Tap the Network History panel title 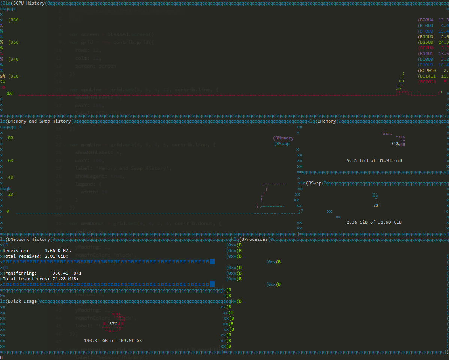(28, 239)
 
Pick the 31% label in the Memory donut (395, 144)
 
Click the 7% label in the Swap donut (376, 205)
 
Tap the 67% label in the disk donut (113, 324)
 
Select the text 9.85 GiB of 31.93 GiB (374, 160)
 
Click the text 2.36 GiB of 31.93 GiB (374, 222)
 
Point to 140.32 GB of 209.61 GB (113, 340)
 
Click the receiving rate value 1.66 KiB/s (58, 250)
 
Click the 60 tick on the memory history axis (11, 160)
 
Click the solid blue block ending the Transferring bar (212, 284)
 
